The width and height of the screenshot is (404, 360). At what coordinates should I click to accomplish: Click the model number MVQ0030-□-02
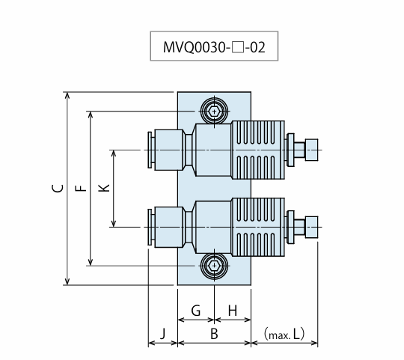pos(214,47)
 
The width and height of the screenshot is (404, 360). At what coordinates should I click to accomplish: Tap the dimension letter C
pos(58,189)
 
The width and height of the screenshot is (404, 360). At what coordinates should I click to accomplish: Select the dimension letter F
pos(81,189)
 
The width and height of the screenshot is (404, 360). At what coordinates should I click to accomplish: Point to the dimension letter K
pos(104,188)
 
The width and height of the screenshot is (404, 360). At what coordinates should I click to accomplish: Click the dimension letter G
pos(196,311)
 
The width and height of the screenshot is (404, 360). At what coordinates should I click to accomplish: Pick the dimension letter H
pos(233,311)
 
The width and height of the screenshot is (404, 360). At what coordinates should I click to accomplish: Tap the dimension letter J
pos(162,334)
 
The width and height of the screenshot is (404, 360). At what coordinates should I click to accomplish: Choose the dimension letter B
pos(214,334)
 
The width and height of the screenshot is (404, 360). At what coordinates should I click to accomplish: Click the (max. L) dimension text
pos(284,334)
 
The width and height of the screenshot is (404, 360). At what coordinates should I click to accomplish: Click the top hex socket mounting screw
pos(215,112)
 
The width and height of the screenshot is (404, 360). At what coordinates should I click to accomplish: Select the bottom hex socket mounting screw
pos(215,266)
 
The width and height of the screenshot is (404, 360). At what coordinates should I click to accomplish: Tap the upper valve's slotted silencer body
pos(258,150)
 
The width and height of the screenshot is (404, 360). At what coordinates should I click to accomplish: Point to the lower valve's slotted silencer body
pos(258,227)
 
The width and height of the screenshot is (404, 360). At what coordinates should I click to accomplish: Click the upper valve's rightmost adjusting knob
pos(311,150)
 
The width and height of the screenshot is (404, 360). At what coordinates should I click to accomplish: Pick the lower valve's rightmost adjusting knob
pos(311,227)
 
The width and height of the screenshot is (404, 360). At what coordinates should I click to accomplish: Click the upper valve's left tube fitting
pos(166,150)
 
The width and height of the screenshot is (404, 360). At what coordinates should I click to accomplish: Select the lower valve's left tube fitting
pos(166,227)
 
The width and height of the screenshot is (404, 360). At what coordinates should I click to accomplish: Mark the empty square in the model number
pos(238,48)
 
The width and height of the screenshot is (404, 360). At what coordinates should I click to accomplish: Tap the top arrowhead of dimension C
pos(67,95)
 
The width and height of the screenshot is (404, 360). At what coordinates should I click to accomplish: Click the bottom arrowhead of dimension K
pos(114,224)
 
